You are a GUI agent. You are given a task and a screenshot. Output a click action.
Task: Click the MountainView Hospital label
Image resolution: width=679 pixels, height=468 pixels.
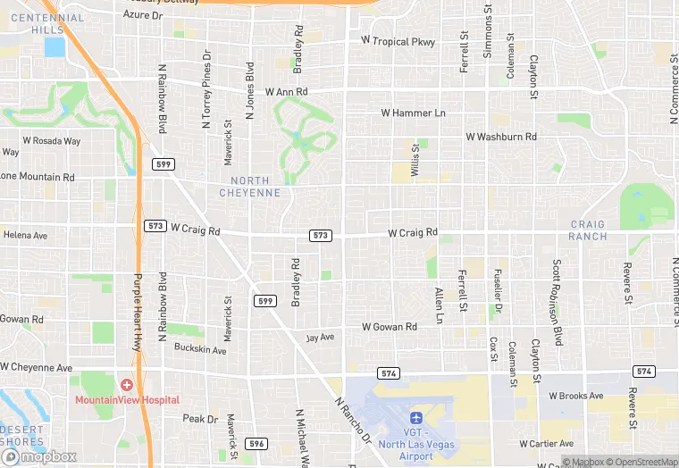click(x=127, y=400)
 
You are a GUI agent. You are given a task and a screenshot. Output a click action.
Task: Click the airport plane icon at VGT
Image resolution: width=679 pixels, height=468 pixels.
click(x=415, y=418)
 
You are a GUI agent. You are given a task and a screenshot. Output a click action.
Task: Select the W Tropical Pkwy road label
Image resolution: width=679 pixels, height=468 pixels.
click(x=398, y=41)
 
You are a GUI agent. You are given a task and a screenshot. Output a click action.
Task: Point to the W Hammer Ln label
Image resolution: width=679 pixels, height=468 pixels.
click(x=413, y=113)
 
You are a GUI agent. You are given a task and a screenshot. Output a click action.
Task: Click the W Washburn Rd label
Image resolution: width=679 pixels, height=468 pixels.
click(x=501, y=137)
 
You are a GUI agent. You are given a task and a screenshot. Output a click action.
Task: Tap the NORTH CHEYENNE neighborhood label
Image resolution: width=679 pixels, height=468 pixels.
click(x=250, y=187)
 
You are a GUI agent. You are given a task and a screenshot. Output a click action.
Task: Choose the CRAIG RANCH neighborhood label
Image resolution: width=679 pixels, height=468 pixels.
click(x=588, y=230)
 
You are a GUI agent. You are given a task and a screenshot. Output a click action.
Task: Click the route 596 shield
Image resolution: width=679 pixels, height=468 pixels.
click(x=257, y=443)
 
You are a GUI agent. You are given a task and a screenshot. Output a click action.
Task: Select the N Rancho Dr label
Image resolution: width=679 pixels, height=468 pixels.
click(x=353, y=422)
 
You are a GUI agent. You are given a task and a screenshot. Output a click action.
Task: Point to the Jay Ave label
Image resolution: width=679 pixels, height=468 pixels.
click(x=320, y=338)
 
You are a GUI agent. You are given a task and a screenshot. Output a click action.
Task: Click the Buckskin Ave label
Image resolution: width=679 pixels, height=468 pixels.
click(x=200, y=348)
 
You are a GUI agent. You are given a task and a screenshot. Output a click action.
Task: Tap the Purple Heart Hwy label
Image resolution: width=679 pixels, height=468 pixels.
click(x=138, y=311)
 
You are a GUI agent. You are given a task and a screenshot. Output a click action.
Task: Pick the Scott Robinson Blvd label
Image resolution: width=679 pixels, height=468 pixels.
click(x=557, y=303)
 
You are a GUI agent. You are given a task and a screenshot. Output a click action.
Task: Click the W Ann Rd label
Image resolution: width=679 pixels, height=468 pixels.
click(x=286, y=92)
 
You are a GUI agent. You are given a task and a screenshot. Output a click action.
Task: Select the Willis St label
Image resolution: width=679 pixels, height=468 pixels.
click(x=415, y=161)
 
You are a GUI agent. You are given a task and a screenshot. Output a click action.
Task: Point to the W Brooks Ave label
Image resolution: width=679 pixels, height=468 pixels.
click(x=576, y=396)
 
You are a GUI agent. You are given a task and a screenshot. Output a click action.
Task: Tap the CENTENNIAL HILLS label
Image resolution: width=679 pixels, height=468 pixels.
click(x=49, y=24)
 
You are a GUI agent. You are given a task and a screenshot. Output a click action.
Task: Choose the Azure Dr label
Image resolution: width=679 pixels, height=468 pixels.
click(x=143, y=14)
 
